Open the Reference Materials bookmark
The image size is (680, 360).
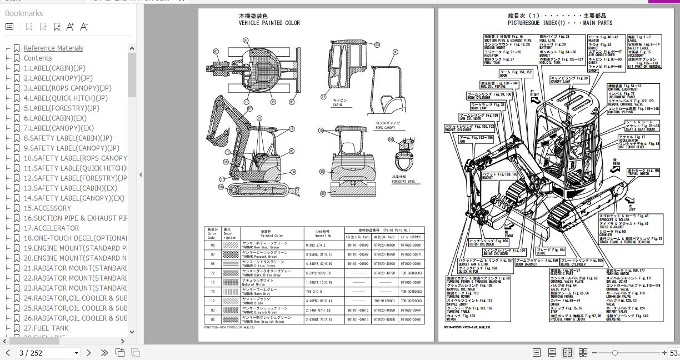coord(53,48)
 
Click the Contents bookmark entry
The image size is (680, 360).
coord(38,58)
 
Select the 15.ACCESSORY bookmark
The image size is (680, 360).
coord(47,208)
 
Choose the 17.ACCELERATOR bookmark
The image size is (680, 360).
coord(51,228)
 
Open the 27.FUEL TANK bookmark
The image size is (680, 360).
coord(46,328)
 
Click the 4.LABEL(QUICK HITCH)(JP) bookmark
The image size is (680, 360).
coord(66,98)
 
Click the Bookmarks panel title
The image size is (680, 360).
coord(24,13)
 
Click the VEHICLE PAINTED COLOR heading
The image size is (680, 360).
coord(269,23)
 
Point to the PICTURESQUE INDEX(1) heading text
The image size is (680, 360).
coord(559,23)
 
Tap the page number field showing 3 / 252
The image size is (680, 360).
coord(42,353)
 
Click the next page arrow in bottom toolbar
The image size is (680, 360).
coord(89,353)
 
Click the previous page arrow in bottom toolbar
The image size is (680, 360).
coord(8,353)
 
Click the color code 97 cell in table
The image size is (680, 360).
coord(212,254)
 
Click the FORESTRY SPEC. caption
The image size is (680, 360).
coord(403,182)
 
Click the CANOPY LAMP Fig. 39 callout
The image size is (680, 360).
coord(568,80)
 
